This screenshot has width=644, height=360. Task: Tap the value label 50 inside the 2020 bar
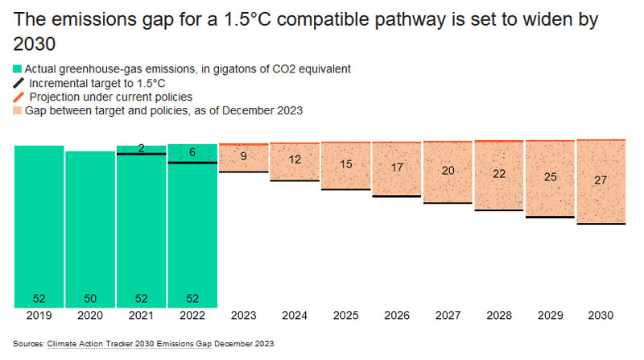[x=90, y=299]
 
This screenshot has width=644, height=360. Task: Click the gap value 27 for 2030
[x=601, y=180]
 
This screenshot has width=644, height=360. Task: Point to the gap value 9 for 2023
[x=244, y=156]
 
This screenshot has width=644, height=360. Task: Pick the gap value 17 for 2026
[x=397, y=168]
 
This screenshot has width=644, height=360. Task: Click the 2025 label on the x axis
[x=346, y=316]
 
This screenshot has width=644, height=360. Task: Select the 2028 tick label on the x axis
[x=499, y=316]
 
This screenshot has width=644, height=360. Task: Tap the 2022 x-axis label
[x=192, y=316]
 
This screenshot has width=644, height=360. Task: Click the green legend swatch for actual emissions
[x=18, y=69]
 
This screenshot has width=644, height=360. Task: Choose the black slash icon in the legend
[x=18, y=83]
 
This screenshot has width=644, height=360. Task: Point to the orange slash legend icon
[x=18, y=97]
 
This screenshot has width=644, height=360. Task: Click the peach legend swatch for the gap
[x=18, y=110]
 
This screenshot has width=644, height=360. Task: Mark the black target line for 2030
[x=601, y=224]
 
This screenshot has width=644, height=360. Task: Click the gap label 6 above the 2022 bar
[x=192, y=153]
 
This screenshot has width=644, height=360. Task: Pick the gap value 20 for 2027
[x=448, y=171]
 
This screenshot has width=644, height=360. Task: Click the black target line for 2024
[x=295, y=180]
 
